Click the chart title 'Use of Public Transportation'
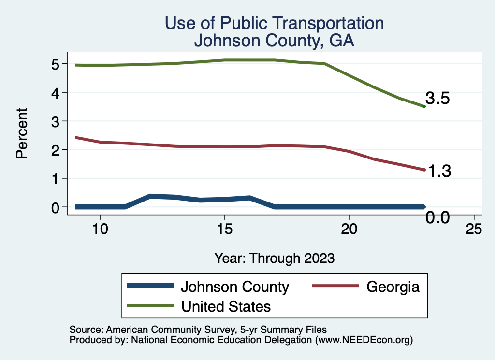[274, 23]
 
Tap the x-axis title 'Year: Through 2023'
[274, 258]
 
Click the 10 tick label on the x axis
[100, 229]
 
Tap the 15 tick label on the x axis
[224, 229]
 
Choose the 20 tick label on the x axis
[349, 229]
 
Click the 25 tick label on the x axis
[474, 229]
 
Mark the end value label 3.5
[438, 99]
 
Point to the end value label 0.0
[438, 217]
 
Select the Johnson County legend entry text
[234, 287]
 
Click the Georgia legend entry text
[393, 287]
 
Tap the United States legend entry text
[226, 306]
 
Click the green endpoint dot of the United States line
[424, 106]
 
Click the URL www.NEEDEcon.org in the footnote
[363, 340]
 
